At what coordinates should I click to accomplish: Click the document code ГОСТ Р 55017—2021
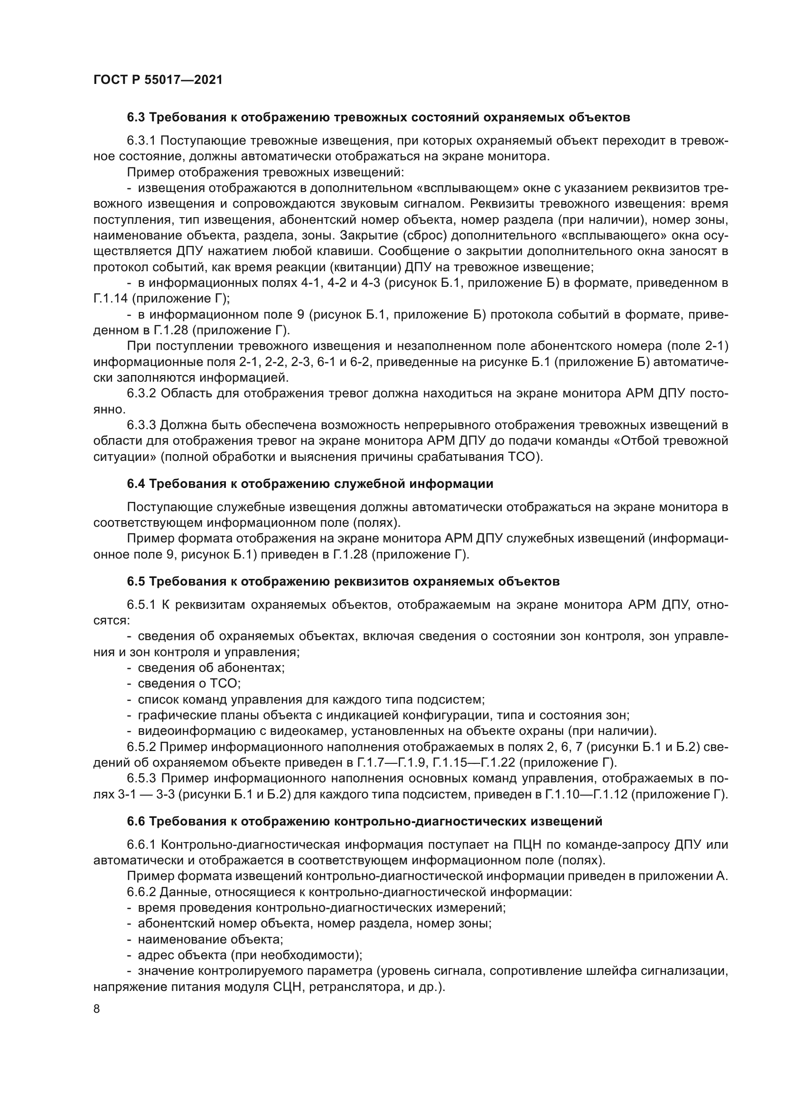(x=158, y=80)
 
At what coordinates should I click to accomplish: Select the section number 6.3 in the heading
(x=136, y=118)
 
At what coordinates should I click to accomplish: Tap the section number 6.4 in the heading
(x=136, y=484)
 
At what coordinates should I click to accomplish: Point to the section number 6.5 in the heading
(x=136, y=582)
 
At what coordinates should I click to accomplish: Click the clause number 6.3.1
(x=141, y=141)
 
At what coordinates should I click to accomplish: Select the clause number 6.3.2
(x=141, y=393)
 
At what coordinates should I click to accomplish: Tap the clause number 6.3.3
(x=141, y=425)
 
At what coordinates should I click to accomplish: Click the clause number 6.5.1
(x=141, y=605)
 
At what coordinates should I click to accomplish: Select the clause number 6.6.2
(x=141, y=892)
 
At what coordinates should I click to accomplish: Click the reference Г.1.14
(x=110, y=299)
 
